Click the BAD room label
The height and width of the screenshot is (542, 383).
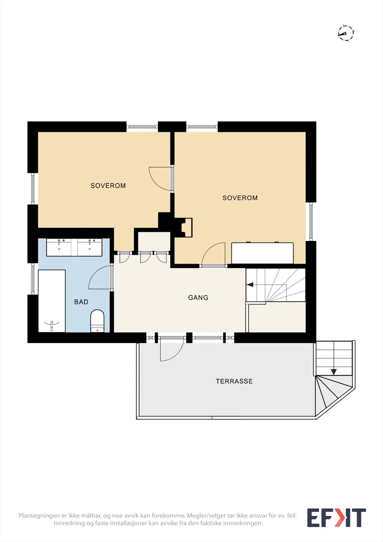(x=81, y=302)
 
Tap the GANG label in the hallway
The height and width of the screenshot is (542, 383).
(x=198, y=298)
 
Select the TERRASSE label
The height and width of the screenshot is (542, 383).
(x=234, y=381)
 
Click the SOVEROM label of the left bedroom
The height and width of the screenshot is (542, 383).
(x=108, y=186)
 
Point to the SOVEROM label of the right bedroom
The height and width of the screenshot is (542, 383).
(x=240, y=198)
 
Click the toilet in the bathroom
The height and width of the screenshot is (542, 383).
(x=97, y=321)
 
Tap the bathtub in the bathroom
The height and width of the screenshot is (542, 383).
(x=52, y=301)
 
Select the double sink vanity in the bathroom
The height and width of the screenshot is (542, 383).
(x=74, y=247)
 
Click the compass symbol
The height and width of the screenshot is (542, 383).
(x=346, y=33)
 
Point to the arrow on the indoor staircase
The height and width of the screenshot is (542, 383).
(x=250, y=285)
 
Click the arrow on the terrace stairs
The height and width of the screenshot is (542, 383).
(x=334, y=371)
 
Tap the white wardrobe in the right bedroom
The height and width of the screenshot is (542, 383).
(x=262, y=253)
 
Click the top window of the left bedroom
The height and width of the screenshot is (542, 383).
(x=142, y=127)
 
